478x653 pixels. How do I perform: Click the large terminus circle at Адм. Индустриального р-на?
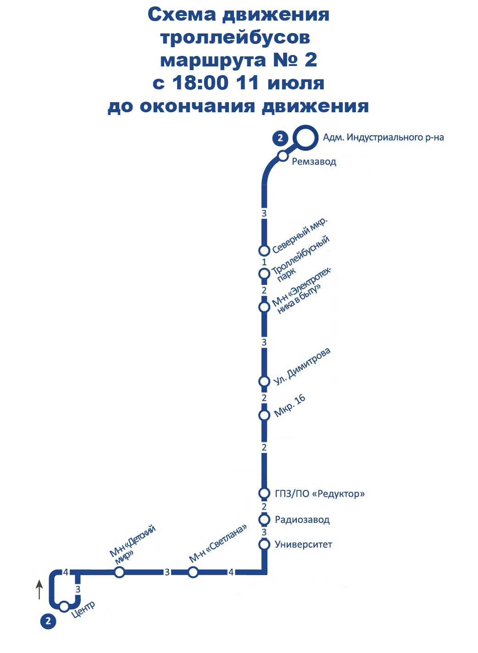305,137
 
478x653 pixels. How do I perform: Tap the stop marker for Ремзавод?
283,156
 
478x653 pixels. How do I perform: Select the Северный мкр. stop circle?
264,250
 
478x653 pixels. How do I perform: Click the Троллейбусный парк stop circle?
264,274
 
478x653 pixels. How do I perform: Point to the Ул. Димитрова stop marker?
264,381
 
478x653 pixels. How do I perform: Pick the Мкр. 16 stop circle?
264,415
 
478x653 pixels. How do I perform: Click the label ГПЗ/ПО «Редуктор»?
320,494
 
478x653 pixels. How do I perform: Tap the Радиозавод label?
302,520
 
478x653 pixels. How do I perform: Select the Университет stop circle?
264,544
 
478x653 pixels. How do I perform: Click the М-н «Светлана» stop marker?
193,572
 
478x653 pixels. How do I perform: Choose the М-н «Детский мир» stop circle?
119,572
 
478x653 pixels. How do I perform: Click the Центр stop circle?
64,607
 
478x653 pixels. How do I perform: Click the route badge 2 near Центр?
48,621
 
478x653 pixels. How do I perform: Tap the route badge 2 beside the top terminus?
280,138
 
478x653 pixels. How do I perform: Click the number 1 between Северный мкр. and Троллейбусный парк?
264,262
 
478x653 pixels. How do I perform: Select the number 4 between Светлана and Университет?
231,572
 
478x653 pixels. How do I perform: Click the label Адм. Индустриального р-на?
384,137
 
